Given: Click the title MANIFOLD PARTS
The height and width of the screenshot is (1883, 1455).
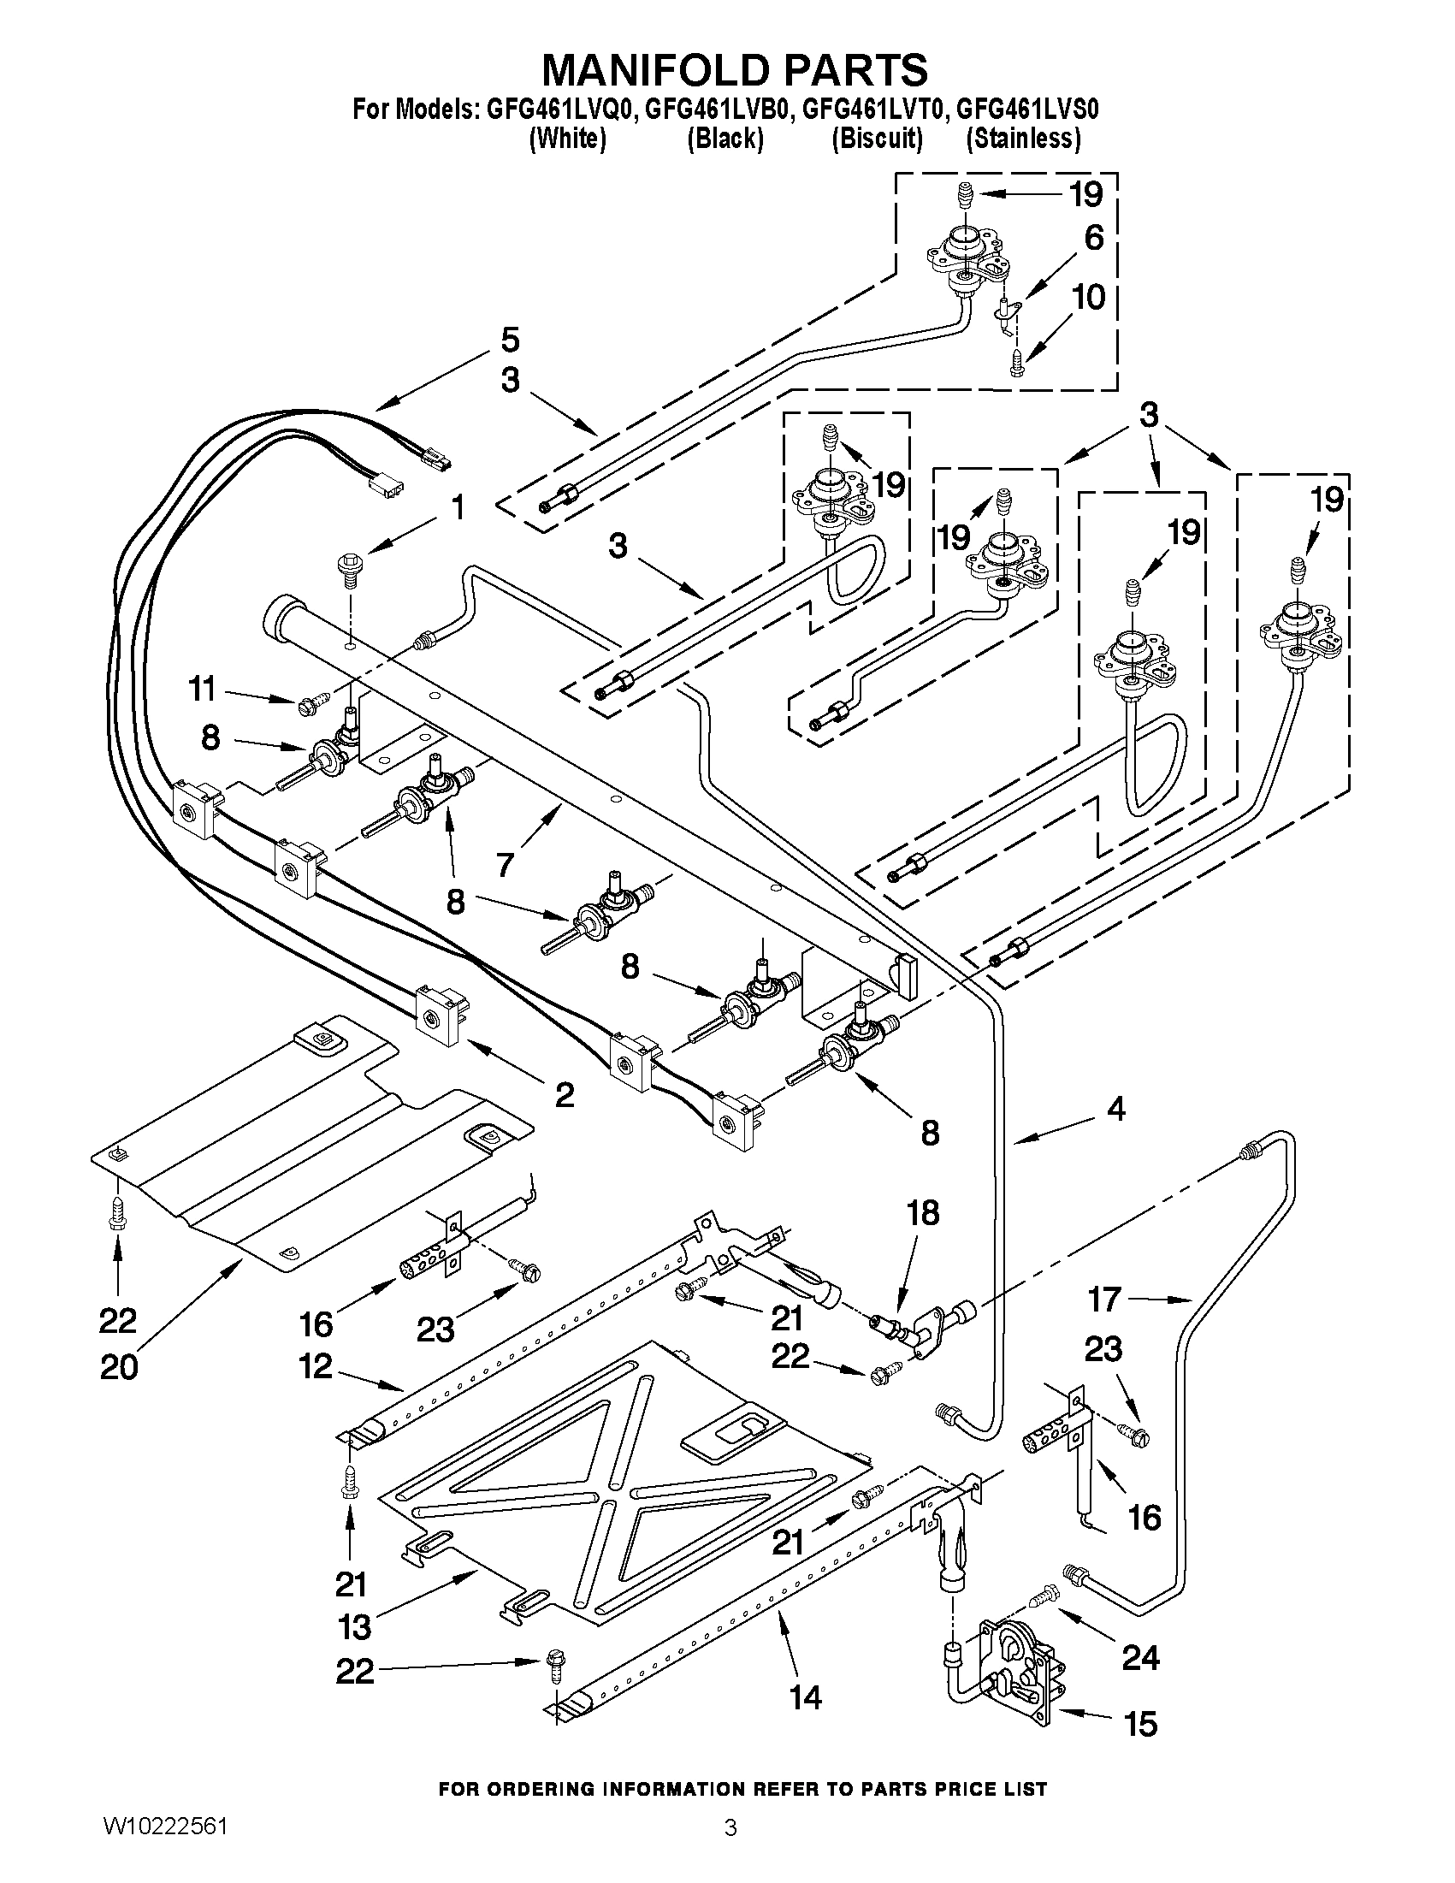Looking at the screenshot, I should point(735,70).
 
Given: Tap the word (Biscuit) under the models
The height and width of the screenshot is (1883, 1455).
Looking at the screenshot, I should point(877,138).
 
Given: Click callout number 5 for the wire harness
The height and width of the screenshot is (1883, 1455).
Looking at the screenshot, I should point(511,340).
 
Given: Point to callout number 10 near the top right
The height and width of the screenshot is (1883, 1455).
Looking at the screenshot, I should point(1089,298).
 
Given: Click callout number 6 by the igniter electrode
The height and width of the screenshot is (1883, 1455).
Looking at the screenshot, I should point(1093,237).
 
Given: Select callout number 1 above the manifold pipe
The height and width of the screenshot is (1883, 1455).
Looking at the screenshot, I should point(458,508).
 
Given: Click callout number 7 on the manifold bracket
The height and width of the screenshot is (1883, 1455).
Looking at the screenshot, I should point(506,862).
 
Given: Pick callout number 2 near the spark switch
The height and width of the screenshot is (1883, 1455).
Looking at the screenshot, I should point(564,1094).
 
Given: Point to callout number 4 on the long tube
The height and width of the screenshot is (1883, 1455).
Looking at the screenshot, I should point(1115,1109).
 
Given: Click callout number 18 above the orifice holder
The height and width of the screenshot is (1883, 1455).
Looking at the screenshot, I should point(922,1213).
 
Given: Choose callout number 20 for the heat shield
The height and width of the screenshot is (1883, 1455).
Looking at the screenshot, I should point(119,1366).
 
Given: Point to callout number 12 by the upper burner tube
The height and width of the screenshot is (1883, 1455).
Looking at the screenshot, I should point(316,1366).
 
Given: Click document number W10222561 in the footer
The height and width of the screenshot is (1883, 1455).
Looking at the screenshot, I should point(165,1845).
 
